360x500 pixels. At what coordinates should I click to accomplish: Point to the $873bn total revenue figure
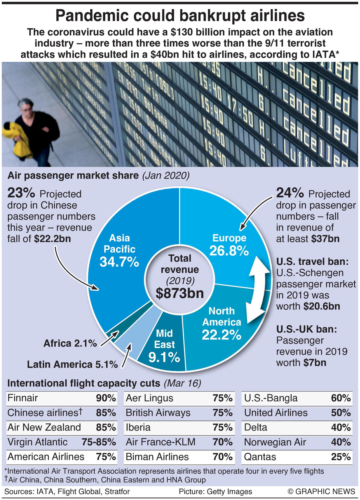coord(180,293)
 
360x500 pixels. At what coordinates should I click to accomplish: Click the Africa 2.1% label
coord(70,343)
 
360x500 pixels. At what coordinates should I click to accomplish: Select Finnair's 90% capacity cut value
coord(106,398)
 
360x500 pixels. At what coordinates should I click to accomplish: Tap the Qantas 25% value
coord(341,457)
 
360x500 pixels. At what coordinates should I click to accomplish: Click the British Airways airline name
coord(158,413)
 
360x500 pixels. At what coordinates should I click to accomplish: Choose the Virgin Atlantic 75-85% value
coord(99,442)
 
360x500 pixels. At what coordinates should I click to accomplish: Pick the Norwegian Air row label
coord(275,442)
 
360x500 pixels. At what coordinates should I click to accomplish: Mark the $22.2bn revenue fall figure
coord(52,239)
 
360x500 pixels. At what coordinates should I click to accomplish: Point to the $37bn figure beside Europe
coord(325,239)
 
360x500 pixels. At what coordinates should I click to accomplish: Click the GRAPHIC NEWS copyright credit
coord(321,492)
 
